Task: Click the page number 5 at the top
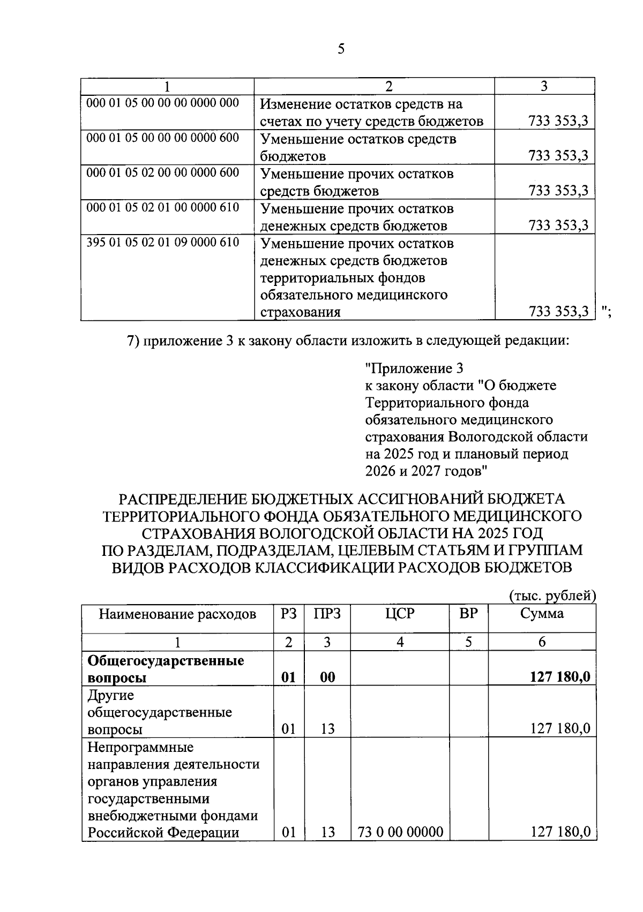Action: (x=341, y=49)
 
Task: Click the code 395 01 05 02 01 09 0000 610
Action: (x=163, y=243)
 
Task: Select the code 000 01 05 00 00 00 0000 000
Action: (x=163, y=103)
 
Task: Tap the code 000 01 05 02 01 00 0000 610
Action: (x=163, y=207)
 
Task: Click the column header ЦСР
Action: (x=400, y=614)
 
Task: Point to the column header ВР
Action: (x=468, y=614)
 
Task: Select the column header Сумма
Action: (x=542, y=614)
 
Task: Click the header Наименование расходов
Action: (x=177, y=614)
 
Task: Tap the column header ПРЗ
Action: (x=327, y=614)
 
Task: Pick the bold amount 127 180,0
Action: (x=560, y=677)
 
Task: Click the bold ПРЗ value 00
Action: (x=327, y=677)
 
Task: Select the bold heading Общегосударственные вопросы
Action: (x=166, y=668)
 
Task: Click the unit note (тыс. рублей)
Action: (x=552, y=596)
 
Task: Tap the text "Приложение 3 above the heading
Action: (x=414, y=368)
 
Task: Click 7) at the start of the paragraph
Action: (x=133, y=341)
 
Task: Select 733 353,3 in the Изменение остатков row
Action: (x=558, y=121)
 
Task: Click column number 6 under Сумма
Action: (x=542, y=642)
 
